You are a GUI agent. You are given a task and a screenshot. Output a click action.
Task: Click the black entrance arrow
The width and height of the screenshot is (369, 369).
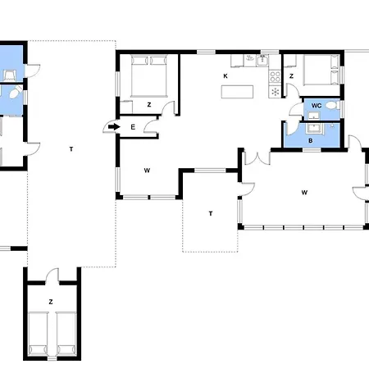tap(114, 127)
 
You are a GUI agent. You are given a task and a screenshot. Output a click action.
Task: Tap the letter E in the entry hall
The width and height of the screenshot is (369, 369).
tap(133, 127)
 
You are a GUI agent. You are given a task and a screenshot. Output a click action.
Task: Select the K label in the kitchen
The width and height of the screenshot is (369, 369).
tap(225, 76)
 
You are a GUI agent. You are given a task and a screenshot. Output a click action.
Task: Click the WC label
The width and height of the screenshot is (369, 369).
tap(317, 106)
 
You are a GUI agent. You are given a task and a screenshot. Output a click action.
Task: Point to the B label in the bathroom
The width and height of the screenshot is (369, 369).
tap(311, 141)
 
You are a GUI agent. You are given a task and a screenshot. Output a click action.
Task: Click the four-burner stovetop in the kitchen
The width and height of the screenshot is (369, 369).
tap(275, 76)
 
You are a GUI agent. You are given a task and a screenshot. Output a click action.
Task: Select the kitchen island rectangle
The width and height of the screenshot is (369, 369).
tap(237, 92)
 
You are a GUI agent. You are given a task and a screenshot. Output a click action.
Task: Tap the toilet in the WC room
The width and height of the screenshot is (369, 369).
tap(332, 105)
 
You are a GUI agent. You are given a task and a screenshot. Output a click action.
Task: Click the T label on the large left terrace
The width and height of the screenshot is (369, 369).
tap(71, 149)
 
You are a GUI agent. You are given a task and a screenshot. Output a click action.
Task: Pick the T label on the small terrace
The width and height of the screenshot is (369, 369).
tap(211, 213)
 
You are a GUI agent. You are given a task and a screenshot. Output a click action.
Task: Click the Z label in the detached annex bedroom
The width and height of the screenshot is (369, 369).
tap(51, 302)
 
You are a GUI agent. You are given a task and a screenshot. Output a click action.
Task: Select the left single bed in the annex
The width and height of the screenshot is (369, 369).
tap(38, 334)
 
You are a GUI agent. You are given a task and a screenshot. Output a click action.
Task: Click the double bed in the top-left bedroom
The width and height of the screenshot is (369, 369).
tap(149, 76)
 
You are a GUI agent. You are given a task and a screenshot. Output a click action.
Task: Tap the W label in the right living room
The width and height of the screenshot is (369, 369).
tap(304, 193)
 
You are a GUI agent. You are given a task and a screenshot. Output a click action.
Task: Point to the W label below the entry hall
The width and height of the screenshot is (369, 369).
tap(147, 171)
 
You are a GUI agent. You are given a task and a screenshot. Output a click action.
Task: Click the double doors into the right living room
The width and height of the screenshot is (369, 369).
tap(257, 158)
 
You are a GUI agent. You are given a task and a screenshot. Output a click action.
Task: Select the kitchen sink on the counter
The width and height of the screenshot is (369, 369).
tap(262, 60)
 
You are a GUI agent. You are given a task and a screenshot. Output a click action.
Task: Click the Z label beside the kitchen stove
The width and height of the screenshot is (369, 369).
tap(291, 76)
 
